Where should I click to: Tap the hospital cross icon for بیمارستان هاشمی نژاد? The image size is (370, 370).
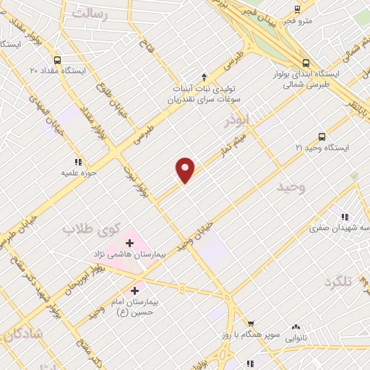coord(130,242)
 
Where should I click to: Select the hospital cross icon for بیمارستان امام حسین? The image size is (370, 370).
coord(134,291)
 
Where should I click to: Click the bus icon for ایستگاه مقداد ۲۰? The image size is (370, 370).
coord(57,61)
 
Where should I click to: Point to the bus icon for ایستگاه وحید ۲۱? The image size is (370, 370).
coord(322,136)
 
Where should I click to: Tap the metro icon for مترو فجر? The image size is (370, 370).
coord(297,9)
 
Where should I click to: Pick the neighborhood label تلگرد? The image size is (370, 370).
coord(337,281)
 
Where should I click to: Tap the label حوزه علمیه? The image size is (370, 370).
coord(79,173)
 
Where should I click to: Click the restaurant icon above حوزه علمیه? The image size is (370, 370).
coord(77,162)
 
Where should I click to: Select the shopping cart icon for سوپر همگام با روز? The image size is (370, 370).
coord(251,324)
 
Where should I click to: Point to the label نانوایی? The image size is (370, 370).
coord(296,337)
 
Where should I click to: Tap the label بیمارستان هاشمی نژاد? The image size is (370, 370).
coord(121,254)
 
